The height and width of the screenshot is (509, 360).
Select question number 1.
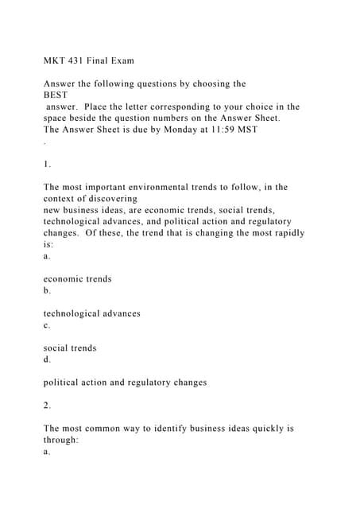click(47, 164)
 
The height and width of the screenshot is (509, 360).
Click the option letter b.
click(47, 290)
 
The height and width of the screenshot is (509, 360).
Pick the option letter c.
click(47, 325)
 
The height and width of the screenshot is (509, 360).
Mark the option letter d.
click(47, 359)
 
